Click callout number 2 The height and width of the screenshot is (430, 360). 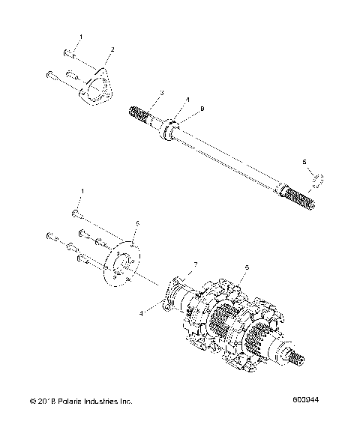tap(112, 49)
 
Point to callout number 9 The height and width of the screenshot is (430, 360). tap(180, 110)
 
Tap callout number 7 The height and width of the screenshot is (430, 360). tap(196, 265)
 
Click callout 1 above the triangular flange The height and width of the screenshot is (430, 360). tap(82, 37)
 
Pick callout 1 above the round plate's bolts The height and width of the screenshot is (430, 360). tap(82, 192)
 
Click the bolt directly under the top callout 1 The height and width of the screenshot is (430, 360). tap(69, 53)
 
